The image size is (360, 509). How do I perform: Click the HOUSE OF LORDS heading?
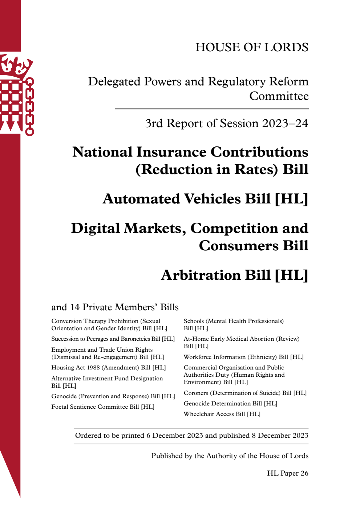click(252, 47)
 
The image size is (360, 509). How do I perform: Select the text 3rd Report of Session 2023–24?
click(226, 124)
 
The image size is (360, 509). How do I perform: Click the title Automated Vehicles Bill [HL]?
click(205, 199)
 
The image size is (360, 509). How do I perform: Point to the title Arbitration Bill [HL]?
click(234, 275)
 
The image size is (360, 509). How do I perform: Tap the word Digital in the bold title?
click(95, 228)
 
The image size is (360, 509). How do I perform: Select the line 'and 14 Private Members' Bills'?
click(115, 307)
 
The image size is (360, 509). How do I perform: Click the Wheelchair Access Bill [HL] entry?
click(222, 414)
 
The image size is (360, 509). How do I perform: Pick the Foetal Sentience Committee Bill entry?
click(103, 407)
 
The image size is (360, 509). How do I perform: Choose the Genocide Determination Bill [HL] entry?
click(230, 404)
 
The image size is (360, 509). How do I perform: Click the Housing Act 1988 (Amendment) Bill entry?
click(108, 368)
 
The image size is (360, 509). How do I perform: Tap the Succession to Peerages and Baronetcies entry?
click(113, 339)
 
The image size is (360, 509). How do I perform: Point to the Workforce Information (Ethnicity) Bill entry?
click(243, 357)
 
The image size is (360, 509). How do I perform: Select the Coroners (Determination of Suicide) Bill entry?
click(245, 393)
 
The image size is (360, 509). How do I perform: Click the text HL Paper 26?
click(287, 473)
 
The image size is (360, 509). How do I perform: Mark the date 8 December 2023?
click(280, 436)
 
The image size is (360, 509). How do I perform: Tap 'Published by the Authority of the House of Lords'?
click(230, 456)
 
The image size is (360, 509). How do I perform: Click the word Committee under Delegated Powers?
click(279, 96)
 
